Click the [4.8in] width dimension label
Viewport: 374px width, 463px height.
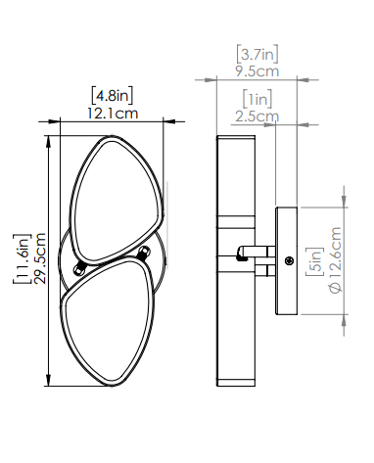point(112,96)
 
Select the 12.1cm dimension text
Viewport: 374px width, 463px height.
point(113,113)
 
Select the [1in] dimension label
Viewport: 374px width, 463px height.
point(259,100)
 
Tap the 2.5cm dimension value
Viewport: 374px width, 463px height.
point(259,116)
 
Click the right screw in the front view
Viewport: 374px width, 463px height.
point(146,254)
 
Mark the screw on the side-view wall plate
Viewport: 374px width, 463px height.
point(289,260)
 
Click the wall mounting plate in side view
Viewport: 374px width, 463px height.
point(288,260)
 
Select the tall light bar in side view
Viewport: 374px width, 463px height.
point(235,260)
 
